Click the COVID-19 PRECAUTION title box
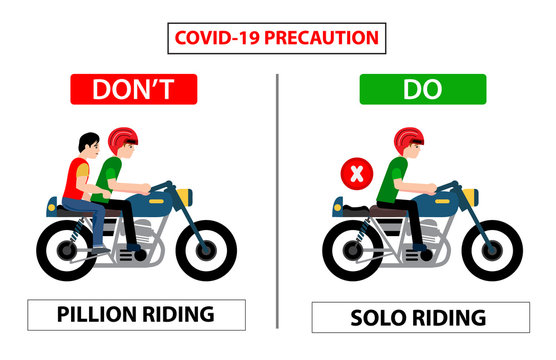(x=277, y=38)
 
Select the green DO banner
(x=423, y=89)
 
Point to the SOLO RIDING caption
(x=420, y=318)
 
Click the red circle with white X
(x=355, y=174)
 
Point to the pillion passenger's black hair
(x=87, y=141)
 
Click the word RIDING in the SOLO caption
(x=452, y=318)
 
